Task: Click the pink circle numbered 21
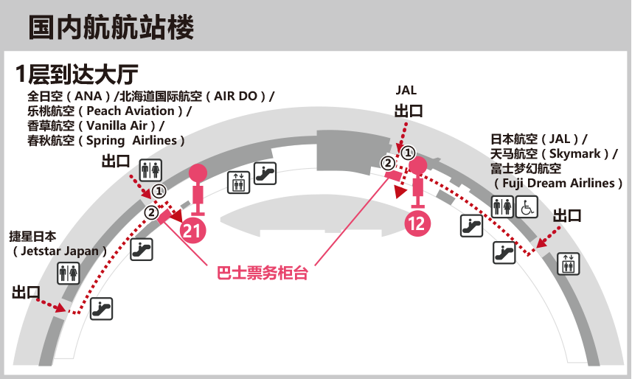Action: click(193, 231)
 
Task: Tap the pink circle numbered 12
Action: click(417, 223)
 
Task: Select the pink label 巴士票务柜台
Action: click(263, 273)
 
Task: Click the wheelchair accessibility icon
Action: click(527, 207)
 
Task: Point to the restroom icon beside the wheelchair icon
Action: click(502, 207)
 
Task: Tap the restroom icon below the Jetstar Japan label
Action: click(68, 273)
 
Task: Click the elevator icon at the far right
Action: click(569, 264)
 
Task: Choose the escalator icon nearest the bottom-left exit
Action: click(101, 309)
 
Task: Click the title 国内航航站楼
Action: click(111, 27)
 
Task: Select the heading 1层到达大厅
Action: click(77, 74)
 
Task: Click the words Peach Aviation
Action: click(131, 111)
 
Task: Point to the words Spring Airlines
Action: click(132, 141)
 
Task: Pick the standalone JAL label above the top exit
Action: click(406, 90)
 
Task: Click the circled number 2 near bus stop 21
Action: click(152, 212)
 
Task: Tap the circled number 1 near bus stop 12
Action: click(409, 153)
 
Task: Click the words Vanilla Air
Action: click(117, 126)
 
